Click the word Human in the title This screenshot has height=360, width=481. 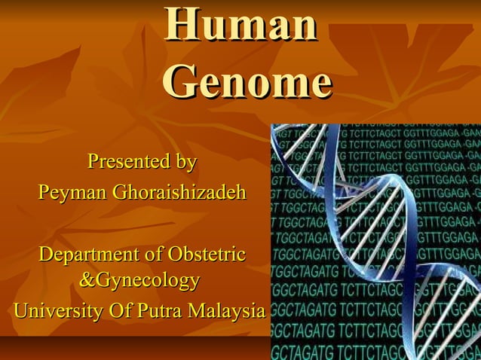(240, 24)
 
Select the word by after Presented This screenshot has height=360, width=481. (185, 162)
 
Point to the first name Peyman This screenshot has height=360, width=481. (72, 193)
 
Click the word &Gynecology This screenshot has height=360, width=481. (139, 282)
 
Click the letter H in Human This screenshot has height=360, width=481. (180, 24)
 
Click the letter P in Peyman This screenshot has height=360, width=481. (44, 193)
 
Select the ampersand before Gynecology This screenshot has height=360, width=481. (87, 282)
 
